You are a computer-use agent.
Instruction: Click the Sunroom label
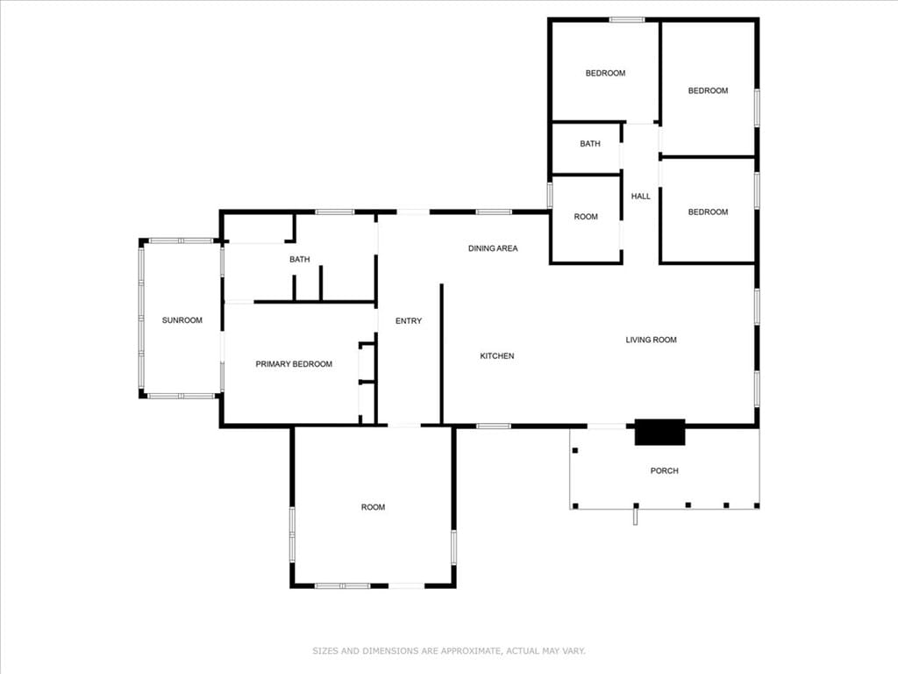pos(182,320)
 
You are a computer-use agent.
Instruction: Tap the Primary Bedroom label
pos(294,364)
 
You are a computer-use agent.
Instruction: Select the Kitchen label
pos(497,356)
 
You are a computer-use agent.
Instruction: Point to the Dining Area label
pos(493,248)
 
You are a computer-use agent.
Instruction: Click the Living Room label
pos(652,340)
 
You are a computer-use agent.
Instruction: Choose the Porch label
pos(665,470)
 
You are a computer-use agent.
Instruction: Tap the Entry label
pos(409,321)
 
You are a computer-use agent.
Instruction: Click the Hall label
pos(641,196)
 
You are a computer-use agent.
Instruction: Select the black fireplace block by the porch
pos(659,432)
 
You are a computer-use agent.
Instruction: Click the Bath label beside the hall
pos(590,144)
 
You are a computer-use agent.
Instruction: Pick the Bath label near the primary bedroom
pos(300,260)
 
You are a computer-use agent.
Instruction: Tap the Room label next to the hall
pos(586,217)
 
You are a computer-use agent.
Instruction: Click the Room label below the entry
pos(373,507)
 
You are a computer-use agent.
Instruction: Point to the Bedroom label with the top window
pos(605,74)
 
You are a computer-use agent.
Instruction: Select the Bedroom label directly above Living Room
pos(708,212)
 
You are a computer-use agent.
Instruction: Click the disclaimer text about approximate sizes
pos(449,651)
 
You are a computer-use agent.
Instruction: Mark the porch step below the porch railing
pos(635,517)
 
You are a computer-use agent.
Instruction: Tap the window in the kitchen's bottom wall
pos(494,426)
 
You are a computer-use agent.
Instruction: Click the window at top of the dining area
pos(494,212)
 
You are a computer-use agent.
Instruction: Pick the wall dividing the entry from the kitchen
pos(442,355)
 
